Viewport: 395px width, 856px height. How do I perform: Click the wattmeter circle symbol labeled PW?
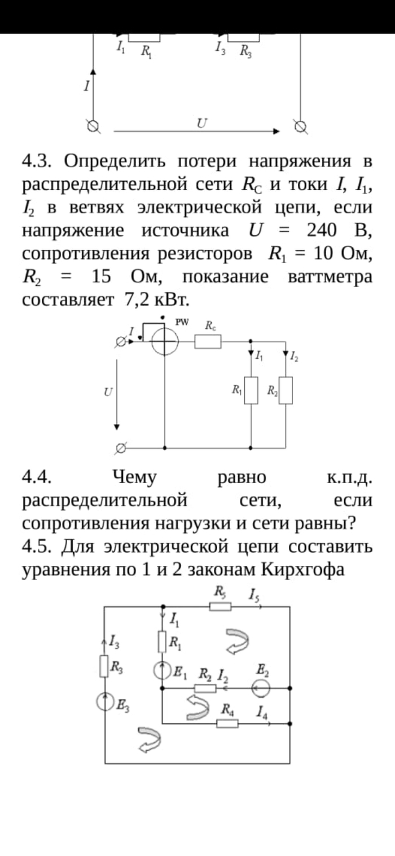pyautogui.click(x=164, y=341)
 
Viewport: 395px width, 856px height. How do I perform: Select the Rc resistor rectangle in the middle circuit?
pyautogui.click(x=208, y=341)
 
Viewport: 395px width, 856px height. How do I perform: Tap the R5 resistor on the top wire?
pyautogui.click(x=220, y=606)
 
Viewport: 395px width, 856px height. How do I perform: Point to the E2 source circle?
pyautogui.click(x=261, y=688)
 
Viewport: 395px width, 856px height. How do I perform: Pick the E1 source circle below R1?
pyautogui.click(x=163, y=670)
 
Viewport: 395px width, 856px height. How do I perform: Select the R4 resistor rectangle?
pyautogui.click(x=227, y=723)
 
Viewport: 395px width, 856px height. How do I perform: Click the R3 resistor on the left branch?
pyautogui.click(x=104, y=666)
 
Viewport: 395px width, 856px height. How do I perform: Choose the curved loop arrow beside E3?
pyautogui.click(x=149, y=740)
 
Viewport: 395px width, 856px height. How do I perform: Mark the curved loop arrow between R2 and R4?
pyautogui.click(x=197, y=708)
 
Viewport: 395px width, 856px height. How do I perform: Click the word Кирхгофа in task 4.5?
pyautogui.click(x=304, y=570)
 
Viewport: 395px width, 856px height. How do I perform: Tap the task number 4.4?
pyautogui.click(x=37, y=477)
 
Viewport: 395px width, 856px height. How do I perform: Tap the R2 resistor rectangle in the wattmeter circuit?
pyautogui.click(x=286, y=390)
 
